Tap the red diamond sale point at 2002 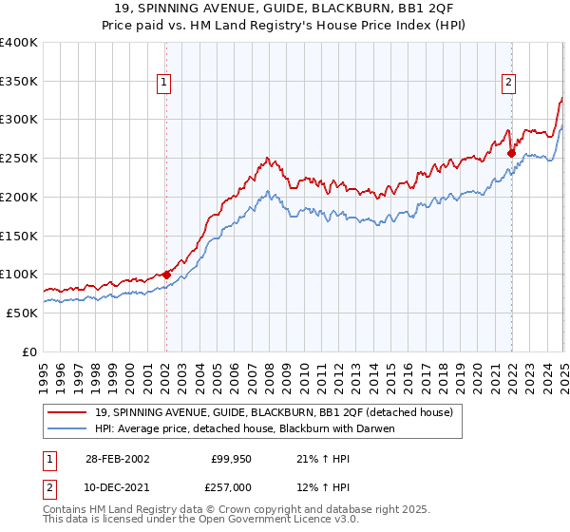(x=166, y=275)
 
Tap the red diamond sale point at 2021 (x=511, y=152)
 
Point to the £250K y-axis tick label (x=19, y=159)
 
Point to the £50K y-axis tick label (x=22, y=313)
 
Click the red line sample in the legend (x=68, y=411)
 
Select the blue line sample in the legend (x=68, y=428)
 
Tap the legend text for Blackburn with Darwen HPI (x=244, y=428)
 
